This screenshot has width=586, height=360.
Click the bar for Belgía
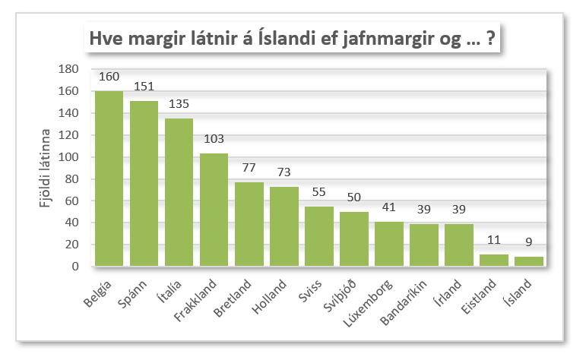coord(109,178)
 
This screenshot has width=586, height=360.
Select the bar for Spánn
coord(144,184)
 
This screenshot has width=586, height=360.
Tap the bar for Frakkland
coord(214,210)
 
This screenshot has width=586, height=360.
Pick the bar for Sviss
coord(318,236)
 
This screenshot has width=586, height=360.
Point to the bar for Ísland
coord(528,261)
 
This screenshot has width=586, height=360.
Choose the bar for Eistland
coord(493,261)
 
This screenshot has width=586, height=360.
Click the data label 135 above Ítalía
coord(179,108)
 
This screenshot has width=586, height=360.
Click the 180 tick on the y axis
coord(69,69)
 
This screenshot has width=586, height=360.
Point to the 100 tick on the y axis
coord(69,157)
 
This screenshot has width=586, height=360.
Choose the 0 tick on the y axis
coord(76,267)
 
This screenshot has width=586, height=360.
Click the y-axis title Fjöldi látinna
coord(45,168)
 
